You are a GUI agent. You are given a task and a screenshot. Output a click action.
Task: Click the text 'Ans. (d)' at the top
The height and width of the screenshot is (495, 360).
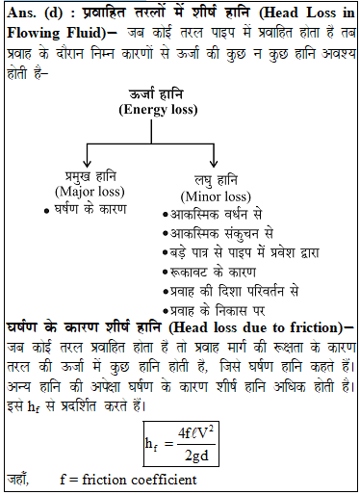pos(34,13)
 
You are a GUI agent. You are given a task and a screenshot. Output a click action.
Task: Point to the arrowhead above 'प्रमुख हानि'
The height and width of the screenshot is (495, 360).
pos(89,163)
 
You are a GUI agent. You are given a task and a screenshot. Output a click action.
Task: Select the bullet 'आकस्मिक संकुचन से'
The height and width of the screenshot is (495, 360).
pos(222,233)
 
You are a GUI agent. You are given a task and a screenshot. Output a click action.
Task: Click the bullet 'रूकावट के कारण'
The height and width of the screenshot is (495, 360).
pos(212,270)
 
